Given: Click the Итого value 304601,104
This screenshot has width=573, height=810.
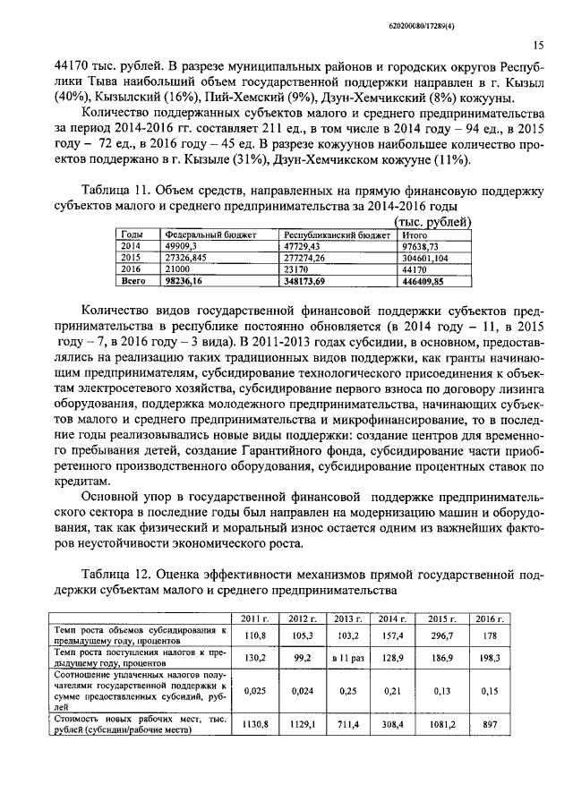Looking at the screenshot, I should pos(425,256).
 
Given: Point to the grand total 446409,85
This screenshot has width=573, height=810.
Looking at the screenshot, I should pos(423,279).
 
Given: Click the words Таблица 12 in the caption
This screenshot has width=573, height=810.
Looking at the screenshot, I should pos(117,573).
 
